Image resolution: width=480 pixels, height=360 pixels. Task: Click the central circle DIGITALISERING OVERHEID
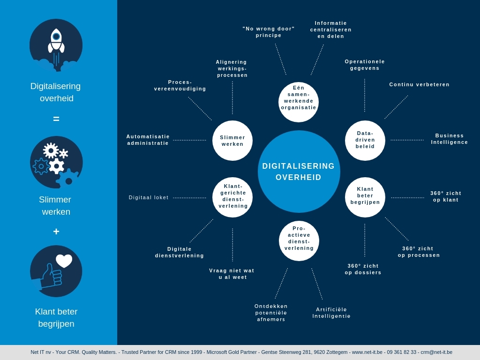point(299,172)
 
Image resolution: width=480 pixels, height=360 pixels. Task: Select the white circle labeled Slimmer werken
point(232,141)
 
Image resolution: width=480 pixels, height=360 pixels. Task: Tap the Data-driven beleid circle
point(365,140)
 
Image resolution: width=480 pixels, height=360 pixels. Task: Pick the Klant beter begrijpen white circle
point(365,197)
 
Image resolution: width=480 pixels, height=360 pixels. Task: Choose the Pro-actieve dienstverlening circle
point(299,240)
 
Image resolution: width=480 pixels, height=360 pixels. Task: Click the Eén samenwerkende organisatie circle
point(299,102)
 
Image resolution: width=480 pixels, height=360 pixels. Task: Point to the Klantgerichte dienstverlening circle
point(232,197)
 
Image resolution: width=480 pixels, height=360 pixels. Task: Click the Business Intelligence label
point(450,139)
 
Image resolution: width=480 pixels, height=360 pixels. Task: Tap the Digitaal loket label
point(149,197)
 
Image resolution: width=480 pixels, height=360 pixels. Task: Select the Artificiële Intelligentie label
point(331,313)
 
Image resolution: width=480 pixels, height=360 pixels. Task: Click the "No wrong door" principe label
point(269,32)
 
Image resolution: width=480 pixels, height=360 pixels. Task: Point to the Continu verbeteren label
point(419,84)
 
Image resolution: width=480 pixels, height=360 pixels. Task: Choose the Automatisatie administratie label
point(148,140)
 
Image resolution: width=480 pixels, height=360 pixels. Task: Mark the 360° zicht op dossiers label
point(363,269)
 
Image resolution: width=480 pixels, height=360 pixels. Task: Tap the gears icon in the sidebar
point(56,162)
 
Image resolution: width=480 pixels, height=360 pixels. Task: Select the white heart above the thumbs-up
point(64,261)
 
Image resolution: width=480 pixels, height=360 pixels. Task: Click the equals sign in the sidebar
point(56,119)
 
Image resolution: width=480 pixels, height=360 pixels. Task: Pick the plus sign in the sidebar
point(56,232)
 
